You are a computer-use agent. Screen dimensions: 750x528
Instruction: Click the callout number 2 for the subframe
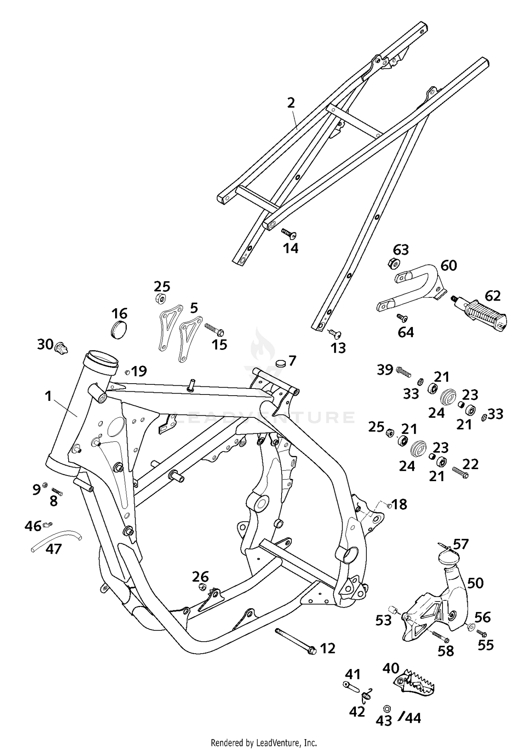coord(291,103)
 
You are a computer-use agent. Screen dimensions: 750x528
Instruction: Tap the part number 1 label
coord(49,396)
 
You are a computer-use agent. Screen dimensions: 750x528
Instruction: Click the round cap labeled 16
coord(118,329)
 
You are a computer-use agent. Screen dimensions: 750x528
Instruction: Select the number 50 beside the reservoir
coord(475,583)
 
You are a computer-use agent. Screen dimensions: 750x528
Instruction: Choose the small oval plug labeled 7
coord(281,363)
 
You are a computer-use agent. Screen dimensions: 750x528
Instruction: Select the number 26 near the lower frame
coord(200,576)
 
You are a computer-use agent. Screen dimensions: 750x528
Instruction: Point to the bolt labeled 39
coord(403,371)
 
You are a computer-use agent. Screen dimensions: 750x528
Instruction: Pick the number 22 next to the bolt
coord(470,464)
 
